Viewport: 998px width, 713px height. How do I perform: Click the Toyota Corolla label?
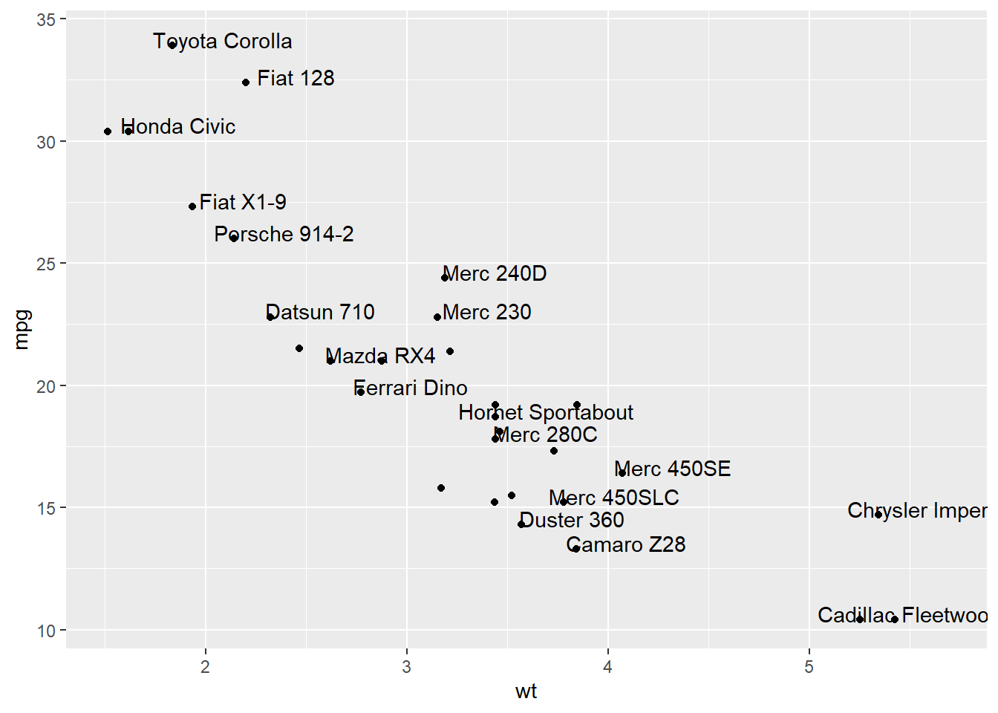pos(223,42)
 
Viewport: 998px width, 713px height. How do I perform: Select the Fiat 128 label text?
pos(296,78)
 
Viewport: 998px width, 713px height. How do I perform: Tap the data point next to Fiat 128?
pos(246,82)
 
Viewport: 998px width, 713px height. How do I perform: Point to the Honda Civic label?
pos(178,127)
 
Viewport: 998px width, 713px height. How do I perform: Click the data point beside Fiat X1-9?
pos(192,206)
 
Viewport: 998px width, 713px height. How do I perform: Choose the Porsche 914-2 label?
pos(284,235)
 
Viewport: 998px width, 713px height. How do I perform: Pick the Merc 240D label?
pos(495,274)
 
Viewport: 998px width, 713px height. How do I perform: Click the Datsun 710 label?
pos(320,312)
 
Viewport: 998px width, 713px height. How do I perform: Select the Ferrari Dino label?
pos(411,388)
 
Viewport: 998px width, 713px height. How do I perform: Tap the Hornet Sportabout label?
pos(546,412)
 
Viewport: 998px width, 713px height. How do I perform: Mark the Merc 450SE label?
pos(673,469)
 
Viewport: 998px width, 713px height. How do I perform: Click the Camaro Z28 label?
pos(626,544)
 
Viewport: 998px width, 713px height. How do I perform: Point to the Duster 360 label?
pos(572,520)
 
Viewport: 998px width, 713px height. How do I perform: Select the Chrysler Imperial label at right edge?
pos(917,511)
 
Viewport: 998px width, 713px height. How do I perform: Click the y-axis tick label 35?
pos(46,20)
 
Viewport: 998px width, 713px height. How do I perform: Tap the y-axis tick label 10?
pos(46,631)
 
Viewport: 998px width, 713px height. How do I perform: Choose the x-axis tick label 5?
pos(809,667)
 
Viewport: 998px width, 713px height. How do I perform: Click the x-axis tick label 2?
pos(206,667)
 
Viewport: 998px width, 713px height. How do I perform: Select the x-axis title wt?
pos(526,691)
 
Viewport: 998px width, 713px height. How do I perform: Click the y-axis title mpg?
pos(22,330)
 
